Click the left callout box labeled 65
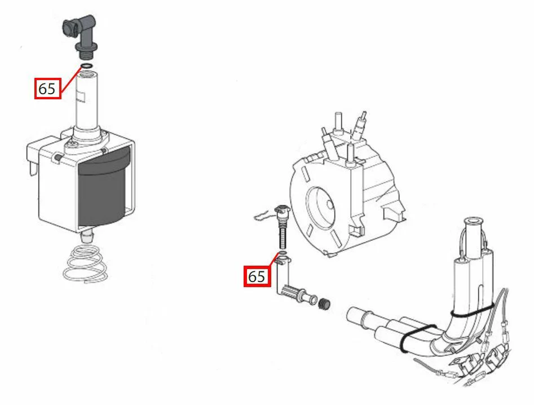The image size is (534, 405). [48, 89]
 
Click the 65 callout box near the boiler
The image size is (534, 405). [257, 276]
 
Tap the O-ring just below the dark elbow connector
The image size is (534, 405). [86, 66]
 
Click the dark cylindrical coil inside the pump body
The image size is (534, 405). [102, 192]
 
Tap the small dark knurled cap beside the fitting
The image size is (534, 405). [324, 303]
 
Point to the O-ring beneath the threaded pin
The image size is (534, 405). [283, 253]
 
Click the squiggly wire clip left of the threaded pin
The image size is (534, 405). [264, 215]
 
